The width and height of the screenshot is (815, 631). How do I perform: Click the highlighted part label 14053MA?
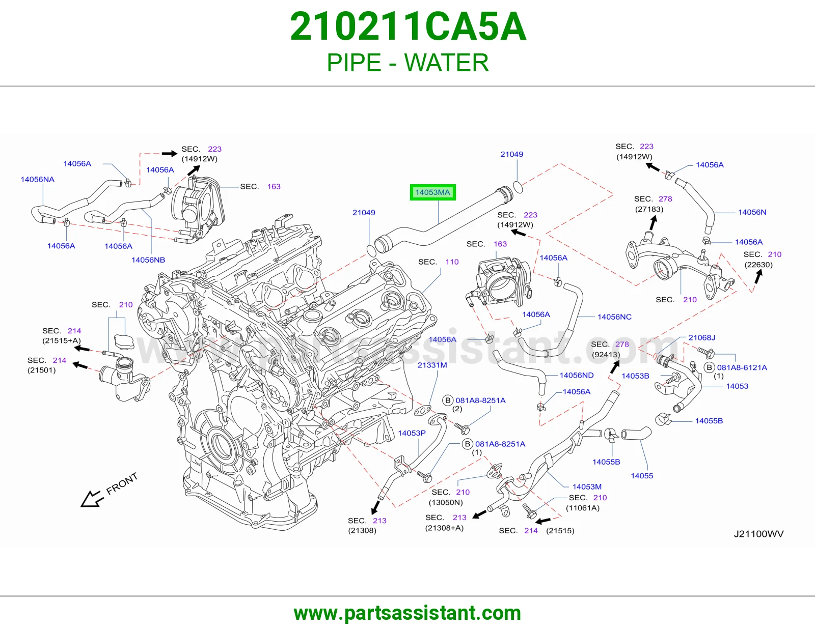[x=432, y=192]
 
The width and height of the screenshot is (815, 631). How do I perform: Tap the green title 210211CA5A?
[x=408, y=26]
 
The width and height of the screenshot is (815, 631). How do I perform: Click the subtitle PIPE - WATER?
[x=407, y=63]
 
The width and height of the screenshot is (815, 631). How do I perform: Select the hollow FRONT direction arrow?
[x=91, y=499]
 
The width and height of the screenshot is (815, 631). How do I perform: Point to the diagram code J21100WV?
[x=759, y=534]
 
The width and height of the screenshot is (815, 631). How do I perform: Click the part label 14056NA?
[x=38, y=179]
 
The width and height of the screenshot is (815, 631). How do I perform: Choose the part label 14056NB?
[x=148, y=260]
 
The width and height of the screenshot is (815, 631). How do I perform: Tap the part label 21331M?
[x=432, y=365]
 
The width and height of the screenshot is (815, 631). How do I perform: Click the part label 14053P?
[x=412, y=433]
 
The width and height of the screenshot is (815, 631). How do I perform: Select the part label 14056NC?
[x=614, y=317]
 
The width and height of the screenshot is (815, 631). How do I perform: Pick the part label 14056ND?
[x=577, y=375]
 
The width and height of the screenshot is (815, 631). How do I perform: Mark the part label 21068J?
[x=702, y=337]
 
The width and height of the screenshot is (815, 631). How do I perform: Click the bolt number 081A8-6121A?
[x=742, y=367]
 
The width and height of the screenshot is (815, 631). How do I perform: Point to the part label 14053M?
[x=587, y=487]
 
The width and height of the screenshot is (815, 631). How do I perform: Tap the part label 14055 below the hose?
[x=642, y=475]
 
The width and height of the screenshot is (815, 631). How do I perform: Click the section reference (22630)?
[x=758, y=265]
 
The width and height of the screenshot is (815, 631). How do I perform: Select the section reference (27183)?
[x=649, y=209]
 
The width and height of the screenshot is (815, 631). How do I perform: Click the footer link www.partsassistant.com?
[x=407, y=613]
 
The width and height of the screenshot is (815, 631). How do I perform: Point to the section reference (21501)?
[x=42, y=370]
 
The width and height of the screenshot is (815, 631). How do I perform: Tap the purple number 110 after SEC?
[x=452, y=262]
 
